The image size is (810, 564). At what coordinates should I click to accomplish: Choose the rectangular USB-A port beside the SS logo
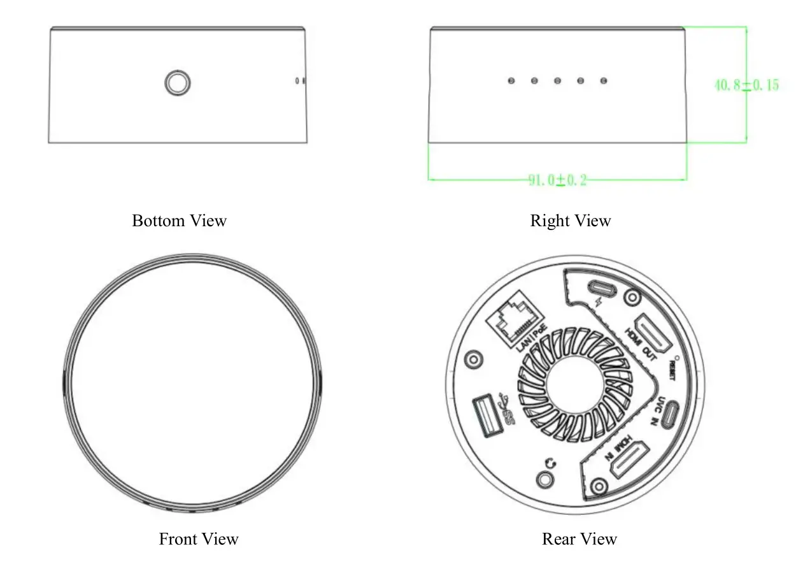tap(487, 417)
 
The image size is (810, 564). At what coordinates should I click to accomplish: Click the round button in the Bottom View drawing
tap(178, 83)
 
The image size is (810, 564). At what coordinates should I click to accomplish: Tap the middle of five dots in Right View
tap(557, 81)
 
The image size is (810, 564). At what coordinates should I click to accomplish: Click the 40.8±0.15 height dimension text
tap(746, 85)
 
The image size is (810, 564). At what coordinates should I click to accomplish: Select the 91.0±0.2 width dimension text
tap(557, 180)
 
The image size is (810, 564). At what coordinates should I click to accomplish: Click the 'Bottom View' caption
tap(179, 221)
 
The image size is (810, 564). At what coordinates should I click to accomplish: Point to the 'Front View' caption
tap(198, 539)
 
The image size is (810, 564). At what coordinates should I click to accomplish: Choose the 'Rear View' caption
tap(579, 539)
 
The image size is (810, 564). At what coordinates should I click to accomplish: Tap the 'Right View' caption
tap(570, 221)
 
